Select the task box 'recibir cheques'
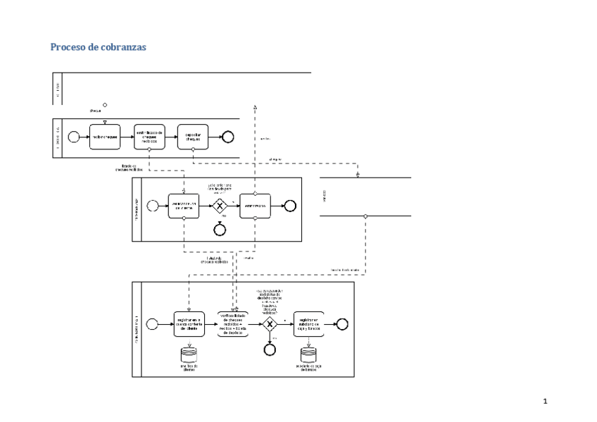point(105,137)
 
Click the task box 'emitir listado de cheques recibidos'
point(149,137)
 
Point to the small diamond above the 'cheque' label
point(105,105)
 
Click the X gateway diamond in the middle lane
point(220,206)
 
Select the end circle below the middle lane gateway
point(220,228)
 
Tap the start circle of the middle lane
point(152,206)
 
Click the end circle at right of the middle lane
point(289,206)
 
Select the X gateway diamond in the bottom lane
point(270,324)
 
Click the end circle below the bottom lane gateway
point(269,347)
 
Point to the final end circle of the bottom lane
point(343,323)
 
